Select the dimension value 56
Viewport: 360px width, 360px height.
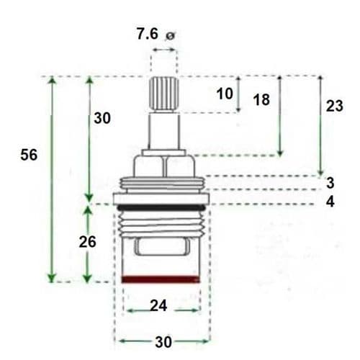[x=29, y=155]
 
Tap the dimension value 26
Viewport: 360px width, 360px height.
[x=87, y=242]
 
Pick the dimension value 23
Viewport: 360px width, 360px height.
[x=334, y=106]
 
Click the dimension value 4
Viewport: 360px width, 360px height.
[x=330, y=202]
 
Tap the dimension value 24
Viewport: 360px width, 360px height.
[x=158, y=305]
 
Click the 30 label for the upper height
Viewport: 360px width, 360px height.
[x=102, y=119]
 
